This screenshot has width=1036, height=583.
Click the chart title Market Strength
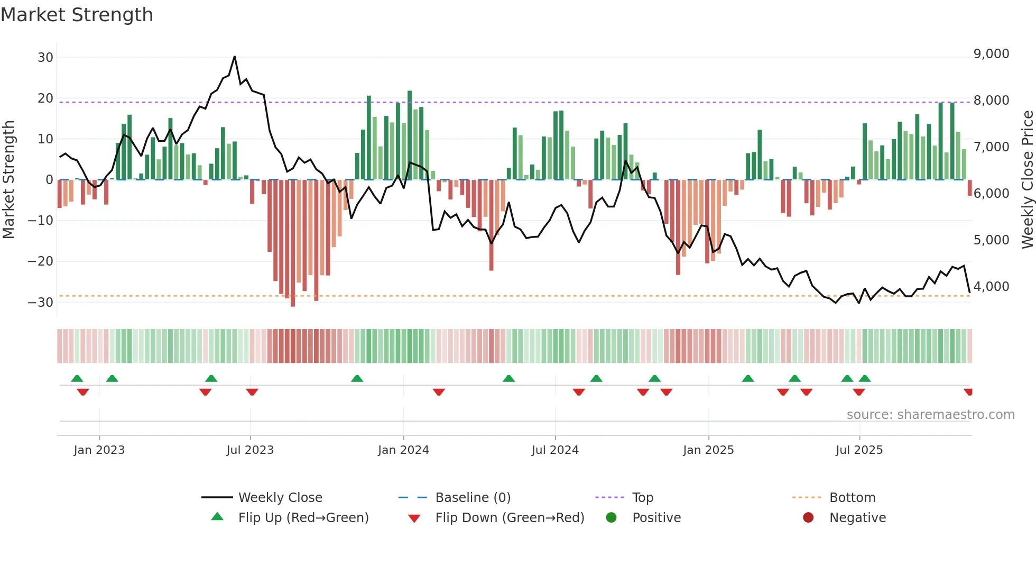[77, 15]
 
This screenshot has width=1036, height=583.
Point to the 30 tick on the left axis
[45, 57]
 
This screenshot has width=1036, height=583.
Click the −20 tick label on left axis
[41, 261]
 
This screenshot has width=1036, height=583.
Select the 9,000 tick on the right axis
[991, 54]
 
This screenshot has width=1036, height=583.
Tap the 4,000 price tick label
[991, 287]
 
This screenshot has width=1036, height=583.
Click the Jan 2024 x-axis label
[403, 450]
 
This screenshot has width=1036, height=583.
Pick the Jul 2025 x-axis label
[859, 450]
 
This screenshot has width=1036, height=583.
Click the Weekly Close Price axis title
[1027, 180]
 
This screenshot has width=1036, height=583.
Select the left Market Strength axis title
[8, 180]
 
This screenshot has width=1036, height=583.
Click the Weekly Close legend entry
[280, 498]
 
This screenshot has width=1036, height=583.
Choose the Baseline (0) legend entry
[473, 498]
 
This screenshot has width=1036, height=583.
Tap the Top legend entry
[642, 498]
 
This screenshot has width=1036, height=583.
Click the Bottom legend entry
[852, 498]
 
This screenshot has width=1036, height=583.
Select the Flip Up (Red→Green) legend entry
[303, 518]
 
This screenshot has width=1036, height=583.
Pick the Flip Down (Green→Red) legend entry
[510, 518]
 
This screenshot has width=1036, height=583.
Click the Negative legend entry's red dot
[808, 518]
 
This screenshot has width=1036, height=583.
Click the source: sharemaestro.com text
[930, 415]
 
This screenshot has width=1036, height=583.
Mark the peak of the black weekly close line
[235, 57]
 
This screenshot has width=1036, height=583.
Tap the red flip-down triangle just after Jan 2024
[439, 392]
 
